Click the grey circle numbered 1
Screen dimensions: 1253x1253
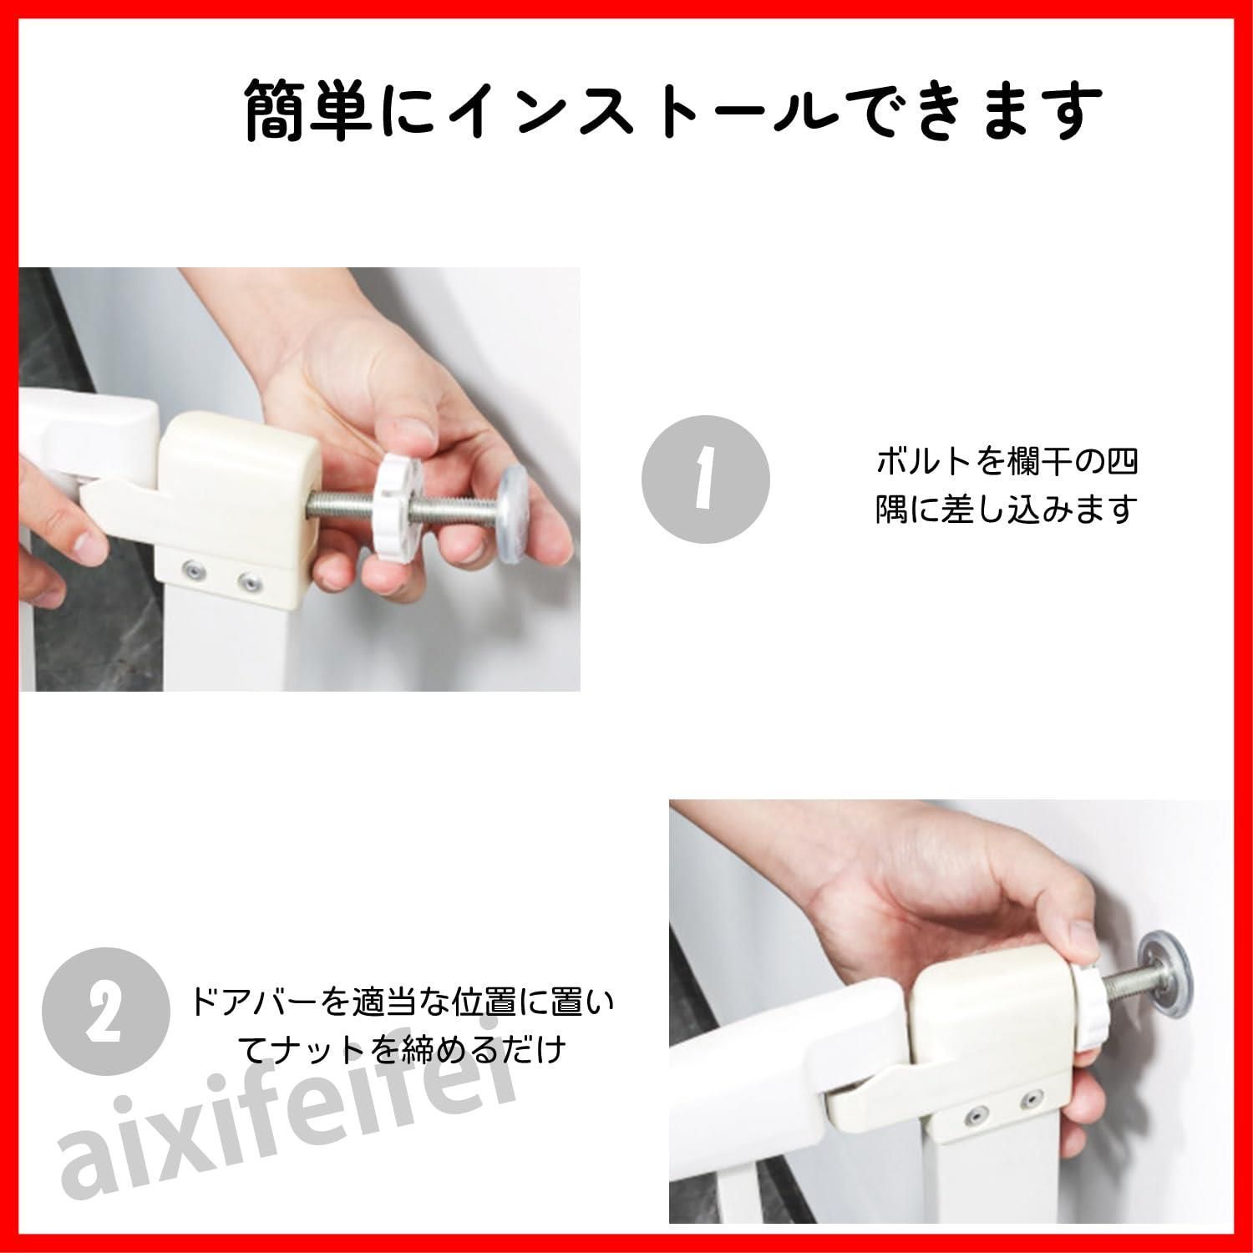pos(705,479)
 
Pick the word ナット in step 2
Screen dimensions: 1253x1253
pos(317,1050)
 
